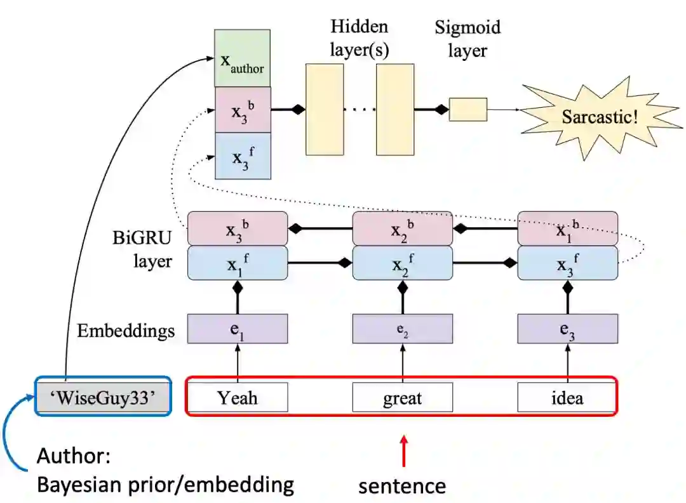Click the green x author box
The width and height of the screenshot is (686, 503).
tap(242, 58)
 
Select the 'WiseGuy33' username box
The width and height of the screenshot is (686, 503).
tap(102, 398)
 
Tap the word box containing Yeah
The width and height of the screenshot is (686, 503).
tap(238, 398)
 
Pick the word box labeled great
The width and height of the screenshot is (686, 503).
tap(403, 398)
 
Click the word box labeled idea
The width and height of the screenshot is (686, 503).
tap(567, 398)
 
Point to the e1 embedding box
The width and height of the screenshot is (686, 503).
tap(238, 329)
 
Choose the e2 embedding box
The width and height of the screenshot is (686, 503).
tap(403, 329)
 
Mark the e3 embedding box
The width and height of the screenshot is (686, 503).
tap(567, 329)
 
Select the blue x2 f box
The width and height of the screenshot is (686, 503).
tap(403, 263)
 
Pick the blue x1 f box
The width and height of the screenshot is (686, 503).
tap(238, 263)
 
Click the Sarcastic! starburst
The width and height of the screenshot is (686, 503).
tap(599, 117)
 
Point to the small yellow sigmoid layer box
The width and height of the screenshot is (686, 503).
tap(468, 110)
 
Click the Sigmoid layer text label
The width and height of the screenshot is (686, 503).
tap(467, 39)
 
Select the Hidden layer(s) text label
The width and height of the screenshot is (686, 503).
tap(359, 38)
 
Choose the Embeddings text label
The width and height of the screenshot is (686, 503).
tap(126, 330)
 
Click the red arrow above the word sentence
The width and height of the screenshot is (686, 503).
tap(403, 450)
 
